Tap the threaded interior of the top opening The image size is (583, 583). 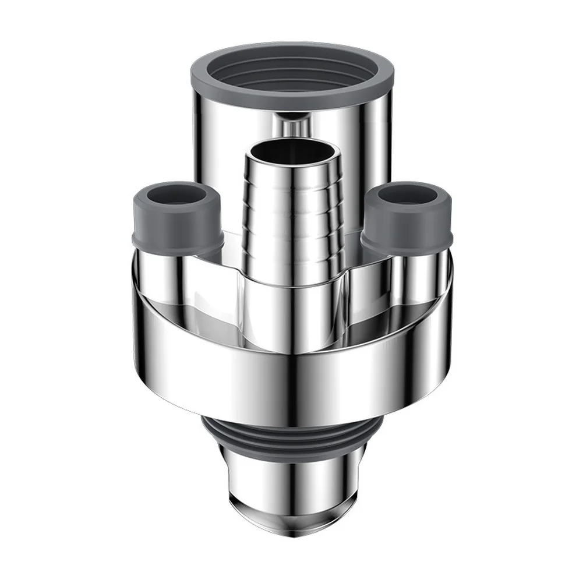click(x=292, y=76)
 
